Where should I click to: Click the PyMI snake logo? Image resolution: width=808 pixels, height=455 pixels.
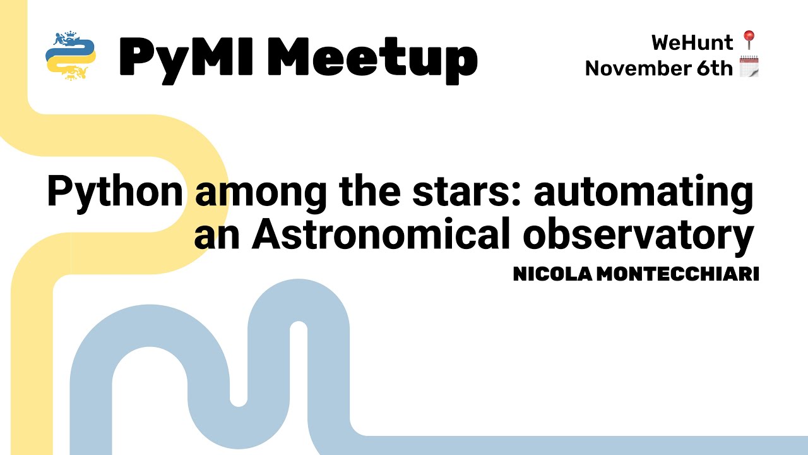(x=71, y=56)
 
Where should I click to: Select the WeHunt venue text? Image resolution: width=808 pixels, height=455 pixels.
(x=692, y=43)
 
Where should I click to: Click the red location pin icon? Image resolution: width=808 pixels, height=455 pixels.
(x=749, y=41)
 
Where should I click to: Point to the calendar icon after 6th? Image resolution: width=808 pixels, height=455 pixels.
(x=749, y=67)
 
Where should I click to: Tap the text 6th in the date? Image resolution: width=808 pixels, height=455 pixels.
(x=715, y=68)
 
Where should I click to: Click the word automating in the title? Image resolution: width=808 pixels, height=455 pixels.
(x=644, y=193)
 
